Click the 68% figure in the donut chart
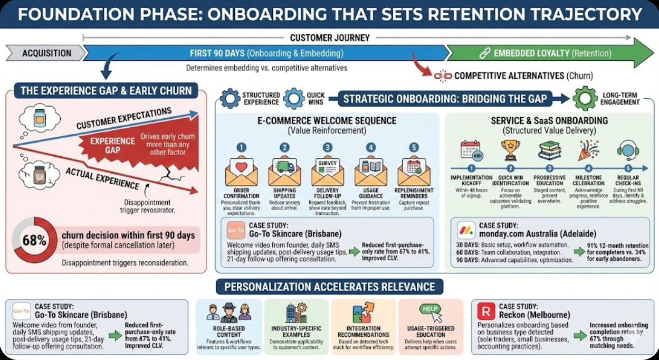34,241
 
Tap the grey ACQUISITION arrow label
46,53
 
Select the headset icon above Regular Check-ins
628,150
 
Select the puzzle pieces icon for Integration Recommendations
364,312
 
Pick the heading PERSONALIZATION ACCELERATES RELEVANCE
330,287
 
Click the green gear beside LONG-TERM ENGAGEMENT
585,98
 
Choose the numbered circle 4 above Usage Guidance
371,148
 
